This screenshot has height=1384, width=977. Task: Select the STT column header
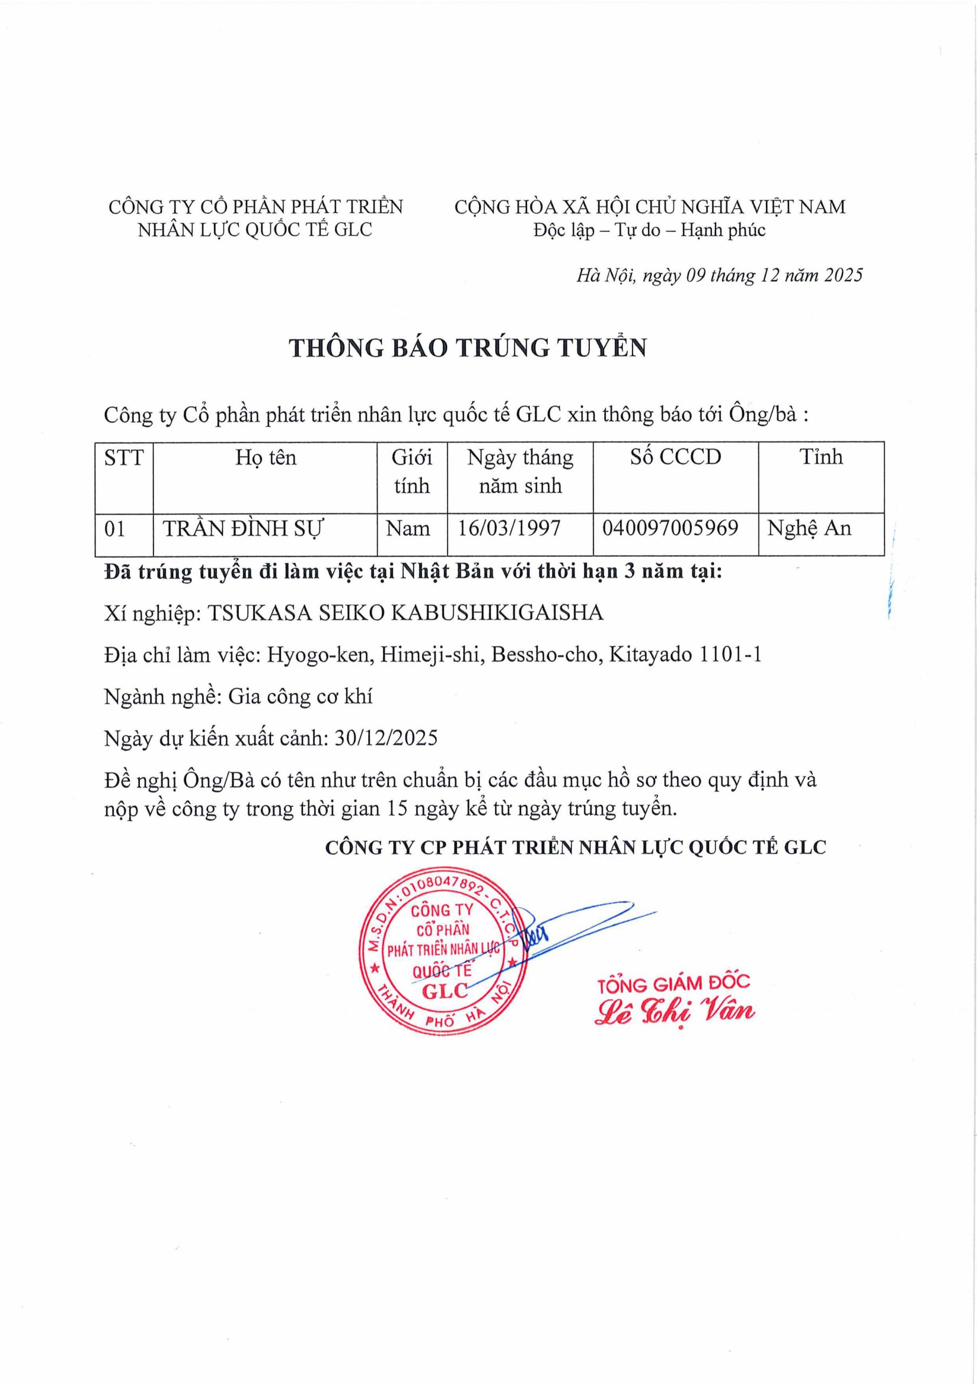[124, 457]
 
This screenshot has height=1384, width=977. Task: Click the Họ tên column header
[266, 457]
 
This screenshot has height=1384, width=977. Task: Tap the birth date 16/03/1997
[509, 529]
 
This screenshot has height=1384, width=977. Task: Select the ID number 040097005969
[670, 528]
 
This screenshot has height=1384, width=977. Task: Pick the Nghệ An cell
[809, 529]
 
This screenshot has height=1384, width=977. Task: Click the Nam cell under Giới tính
[408, 529]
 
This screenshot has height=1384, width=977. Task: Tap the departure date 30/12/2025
[386, 738]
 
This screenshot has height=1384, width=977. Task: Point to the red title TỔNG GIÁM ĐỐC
[673, 984]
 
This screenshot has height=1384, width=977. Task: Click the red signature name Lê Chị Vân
[675, 1012]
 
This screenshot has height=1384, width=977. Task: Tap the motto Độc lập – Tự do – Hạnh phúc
[649, 230]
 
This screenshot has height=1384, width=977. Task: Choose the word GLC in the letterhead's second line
[352, 230]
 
